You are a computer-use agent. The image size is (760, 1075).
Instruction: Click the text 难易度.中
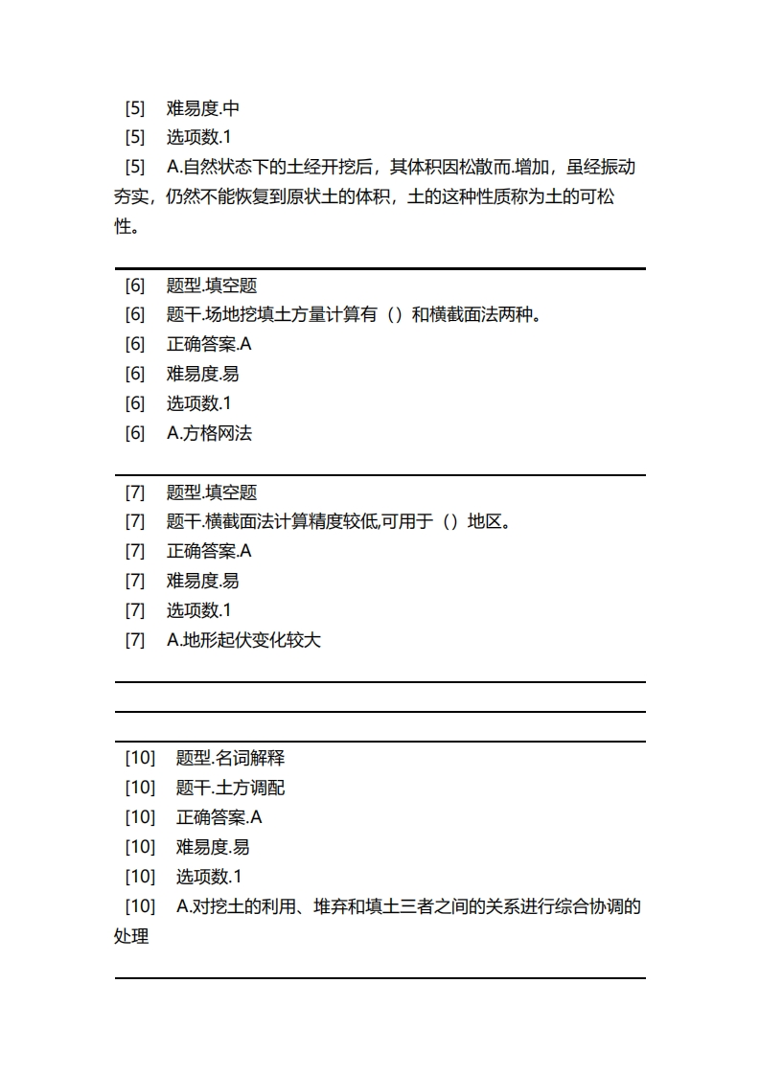pyautogui.click(x=203, y=108)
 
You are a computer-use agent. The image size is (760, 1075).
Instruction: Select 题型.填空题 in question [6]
pyautogui.click(x=212, y=286)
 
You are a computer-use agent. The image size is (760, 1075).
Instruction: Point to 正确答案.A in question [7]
pyautogui.click(x=209, y=551)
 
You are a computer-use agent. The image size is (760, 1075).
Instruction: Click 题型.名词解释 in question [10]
pyautogui.click(x=230, y=758)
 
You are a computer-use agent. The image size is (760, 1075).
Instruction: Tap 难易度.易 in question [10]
pyautogui.click(x=213, y=847)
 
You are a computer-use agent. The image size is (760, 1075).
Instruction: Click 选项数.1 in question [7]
pyautogui.click(x=199, y=610)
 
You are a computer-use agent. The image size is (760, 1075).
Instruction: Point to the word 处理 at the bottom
pyautogui.click(x=131, y=936)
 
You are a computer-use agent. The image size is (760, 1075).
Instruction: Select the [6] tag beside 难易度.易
pyautogui.click(x=135, y=374)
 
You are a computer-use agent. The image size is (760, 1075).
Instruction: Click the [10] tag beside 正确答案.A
pyautogui.click(x=140, y=817)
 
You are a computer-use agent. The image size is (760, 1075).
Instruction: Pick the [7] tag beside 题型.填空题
pyautogui.click(x=135, y=492)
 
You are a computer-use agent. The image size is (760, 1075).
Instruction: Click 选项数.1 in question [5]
pyautogui.click(x=199, y=138)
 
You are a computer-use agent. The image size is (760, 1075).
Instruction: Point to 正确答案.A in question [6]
pyautogui.click(x=209, y=345)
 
